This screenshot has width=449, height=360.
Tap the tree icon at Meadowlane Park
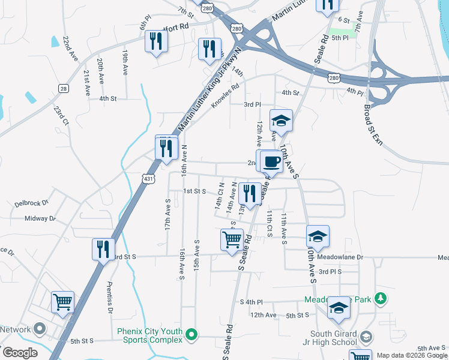click(x=379, y=298)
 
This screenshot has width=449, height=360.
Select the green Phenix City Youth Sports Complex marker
click(x=191, y=334)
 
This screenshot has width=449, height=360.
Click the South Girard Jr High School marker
click(x=366, y=335)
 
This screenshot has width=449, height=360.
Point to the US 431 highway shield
click(x=148, y=178)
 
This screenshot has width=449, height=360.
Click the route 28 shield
click(x=63, y=89)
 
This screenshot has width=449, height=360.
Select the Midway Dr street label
click(x=40, y=218)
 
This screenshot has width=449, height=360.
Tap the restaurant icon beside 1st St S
click(x=249, y=193)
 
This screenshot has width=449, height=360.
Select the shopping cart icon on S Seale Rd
click(x=232, y=239)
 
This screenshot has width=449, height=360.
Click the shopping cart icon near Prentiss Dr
click(x=63, y=302)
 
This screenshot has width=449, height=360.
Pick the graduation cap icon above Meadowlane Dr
click(x=318, y=236)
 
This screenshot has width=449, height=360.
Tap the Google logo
click(x=19, y=353)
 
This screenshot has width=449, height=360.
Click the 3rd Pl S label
click(x=330, y=272)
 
